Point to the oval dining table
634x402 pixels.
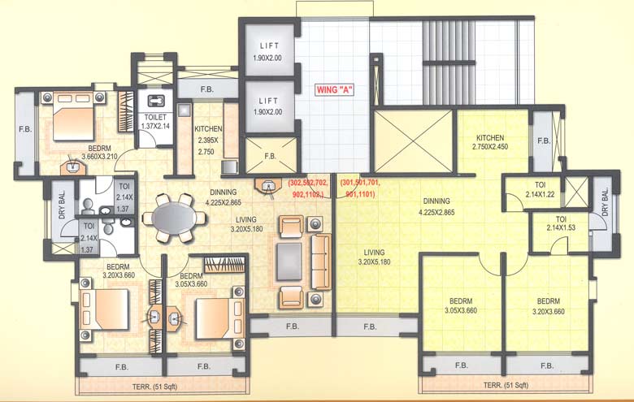pos(173,218)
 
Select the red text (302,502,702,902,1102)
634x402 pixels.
pos(306,189)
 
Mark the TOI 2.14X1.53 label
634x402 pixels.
pos(561,223)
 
